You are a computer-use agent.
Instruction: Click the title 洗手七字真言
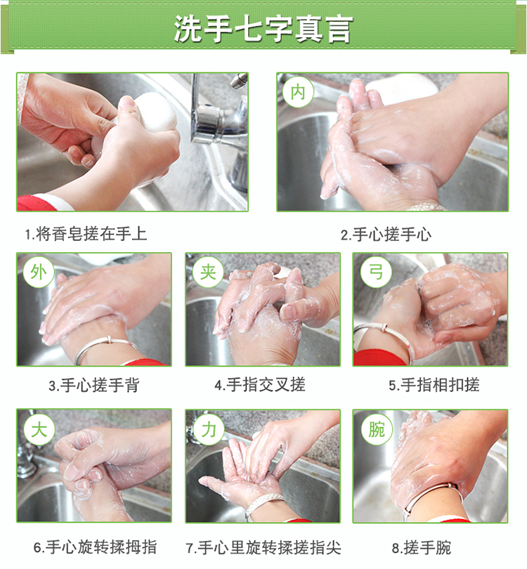tap(263, 28)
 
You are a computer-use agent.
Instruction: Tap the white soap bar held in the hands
tap(152, 112)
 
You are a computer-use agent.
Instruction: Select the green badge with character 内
tap(298, 92)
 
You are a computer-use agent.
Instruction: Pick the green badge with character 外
tap(39, 272)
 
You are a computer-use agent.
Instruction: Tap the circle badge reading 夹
tap(208, 272)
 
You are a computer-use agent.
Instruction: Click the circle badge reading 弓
tap(376, 272)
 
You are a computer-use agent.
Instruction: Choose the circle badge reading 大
tap(39, 430)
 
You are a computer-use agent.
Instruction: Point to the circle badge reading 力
tap(208, 430)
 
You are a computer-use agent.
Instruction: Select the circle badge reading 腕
tap(377, 430)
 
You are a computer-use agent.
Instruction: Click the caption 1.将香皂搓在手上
tap(86, 234)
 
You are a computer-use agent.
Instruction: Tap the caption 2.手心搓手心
tap(386, 235)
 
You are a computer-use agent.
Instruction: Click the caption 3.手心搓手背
tap(94, 385)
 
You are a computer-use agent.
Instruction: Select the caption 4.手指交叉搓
tap(260, 385)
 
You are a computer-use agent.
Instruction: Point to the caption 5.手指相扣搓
tap(434, 385)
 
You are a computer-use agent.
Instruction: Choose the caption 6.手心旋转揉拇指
tap(95, 547)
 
